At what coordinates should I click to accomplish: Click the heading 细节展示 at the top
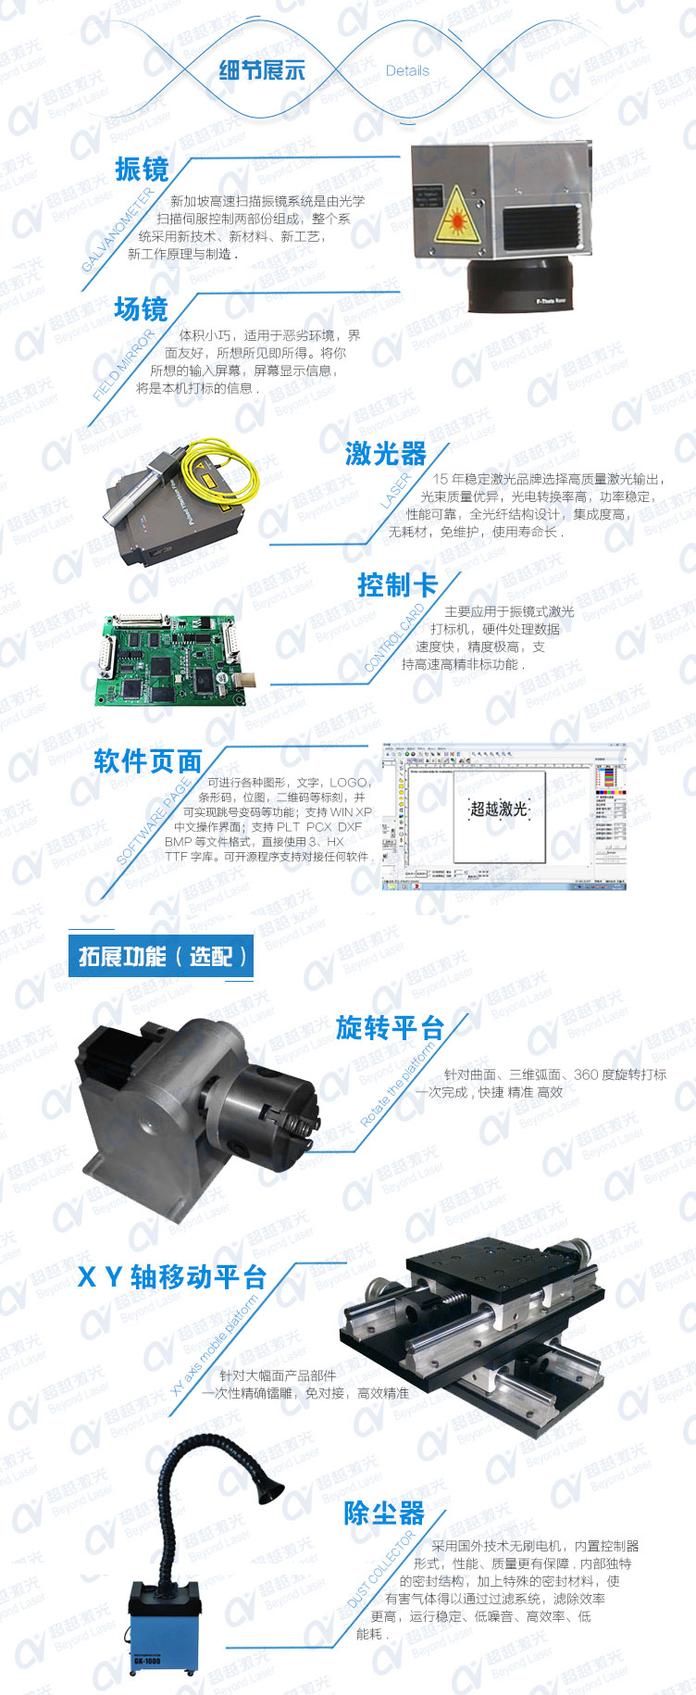click(262, 70)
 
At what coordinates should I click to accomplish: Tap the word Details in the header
click(407, 70)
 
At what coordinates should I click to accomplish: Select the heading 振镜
click(142, 169)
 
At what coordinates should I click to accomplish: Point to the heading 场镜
click(141, 309)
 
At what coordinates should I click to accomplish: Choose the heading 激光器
click(386, 454)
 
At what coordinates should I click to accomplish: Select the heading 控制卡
click(396, 585)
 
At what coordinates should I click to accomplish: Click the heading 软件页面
click(148, 761)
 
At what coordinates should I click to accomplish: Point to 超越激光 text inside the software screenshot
click(499, 809)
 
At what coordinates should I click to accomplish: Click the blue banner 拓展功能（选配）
click(161, 957)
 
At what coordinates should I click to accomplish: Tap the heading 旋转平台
click(390, 1028)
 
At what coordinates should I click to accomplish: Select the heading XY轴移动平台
click(172, 1277)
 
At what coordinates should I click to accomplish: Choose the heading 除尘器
click(384, 1513)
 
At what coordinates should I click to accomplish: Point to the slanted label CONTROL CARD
click(395, 638)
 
